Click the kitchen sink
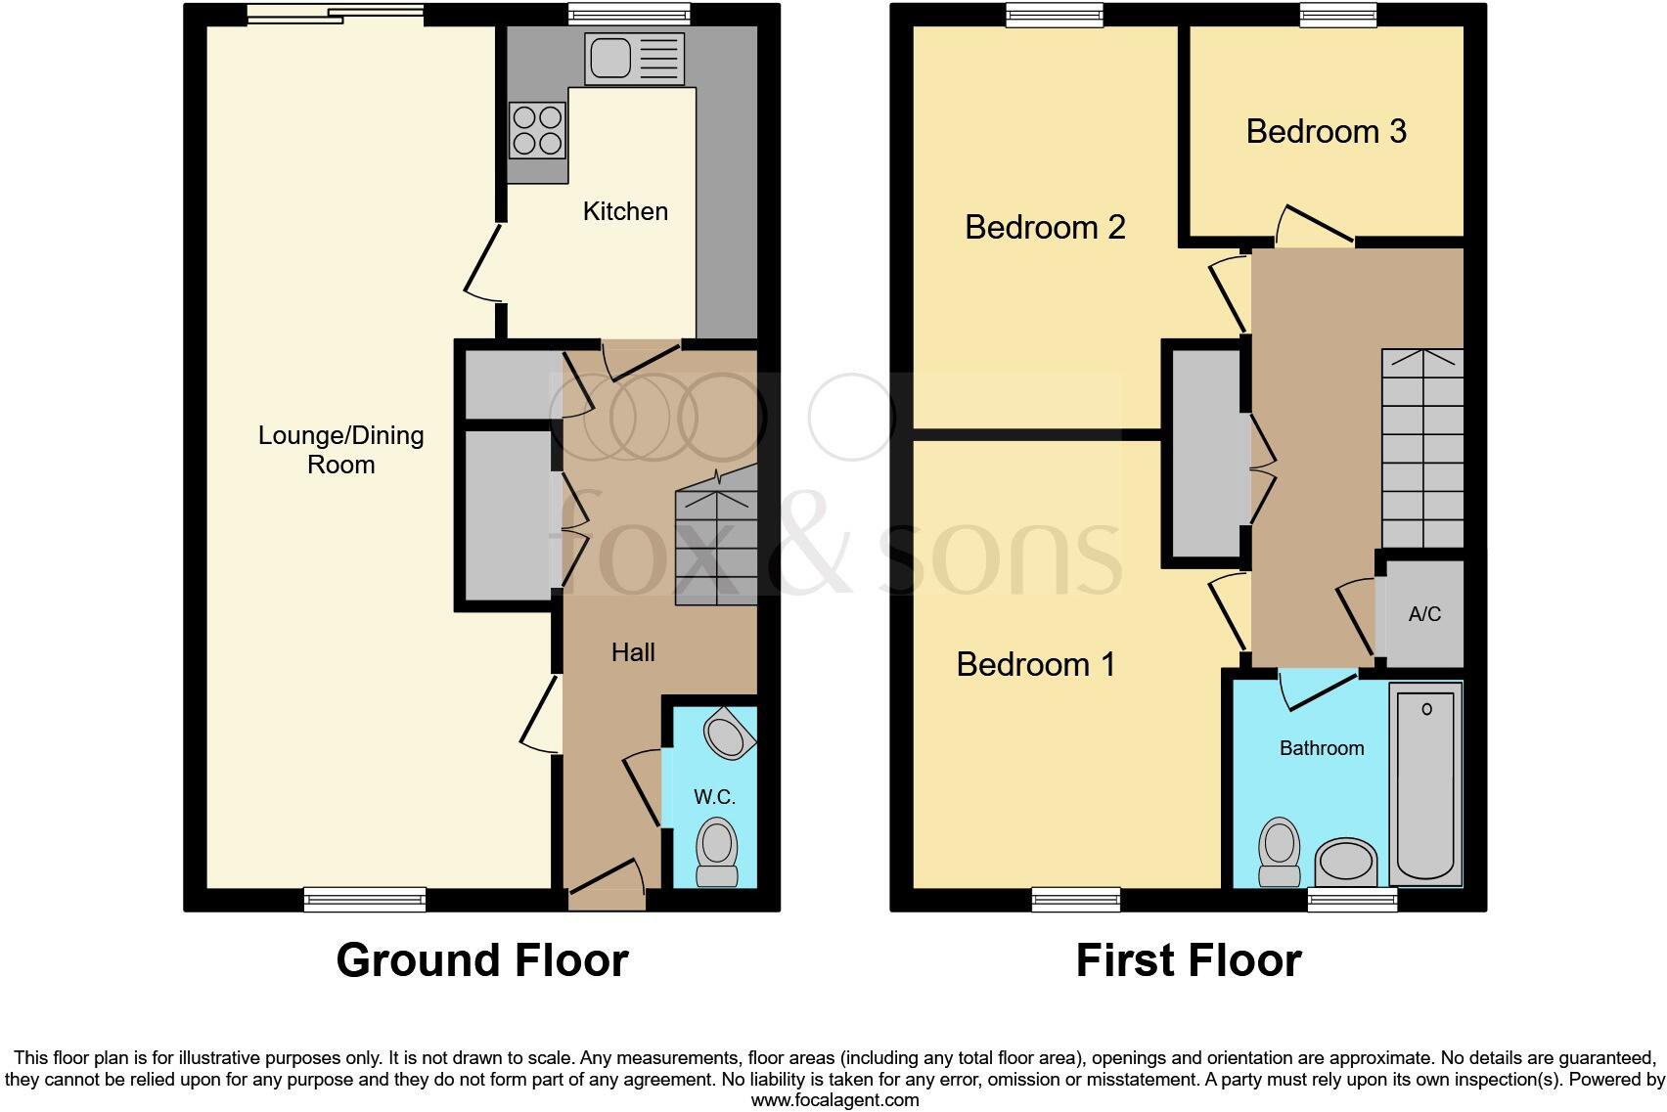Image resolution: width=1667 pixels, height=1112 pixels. tap(634, 58)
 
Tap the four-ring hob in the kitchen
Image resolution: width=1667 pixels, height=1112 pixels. tap(537, 131)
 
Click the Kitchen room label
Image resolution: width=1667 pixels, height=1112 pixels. tap(625, 211)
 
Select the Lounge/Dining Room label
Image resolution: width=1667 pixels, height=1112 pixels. tap(340, 450)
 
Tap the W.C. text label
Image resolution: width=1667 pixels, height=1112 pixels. tap(714, 797)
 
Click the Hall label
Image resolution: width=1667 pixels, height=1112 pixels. tap(633, 652)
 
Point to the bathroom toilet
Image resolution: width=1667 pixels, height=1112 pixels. tap(1279, 851)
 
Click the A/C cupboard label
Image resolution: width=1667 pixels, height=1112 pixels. tap(1424, 614)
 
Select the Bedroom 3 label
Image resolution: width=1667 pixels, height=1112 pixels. tap(1326, 131)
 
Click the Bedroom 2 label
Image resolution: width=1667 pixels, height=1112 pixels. tap(1044, 227)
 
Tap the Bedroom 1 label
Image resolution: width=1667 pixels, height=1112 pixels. tap(1035, 664)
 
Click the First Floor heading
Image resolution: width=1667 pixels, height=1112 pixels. tap(1188, 960)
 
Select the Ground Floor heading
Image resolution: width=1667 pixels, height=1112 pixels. tap(481, 960)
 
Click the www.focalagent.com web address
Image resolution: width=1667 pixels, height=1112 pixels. tap(833, 1100)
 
